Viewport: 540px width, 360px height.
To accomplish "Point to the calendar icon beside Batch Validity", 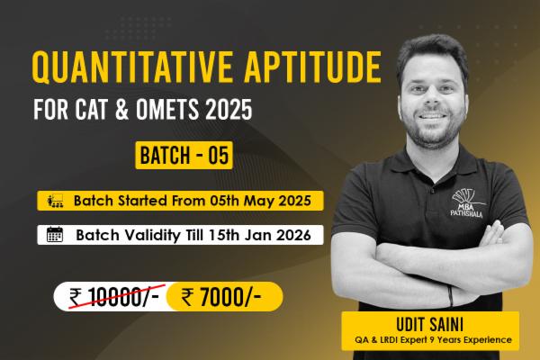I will coord(55,235).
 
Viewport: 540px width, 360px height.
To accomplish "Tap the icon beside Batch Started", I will coord(55,199).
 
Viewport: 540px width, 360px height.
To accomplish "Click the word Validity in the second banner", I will coord(168,235).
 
